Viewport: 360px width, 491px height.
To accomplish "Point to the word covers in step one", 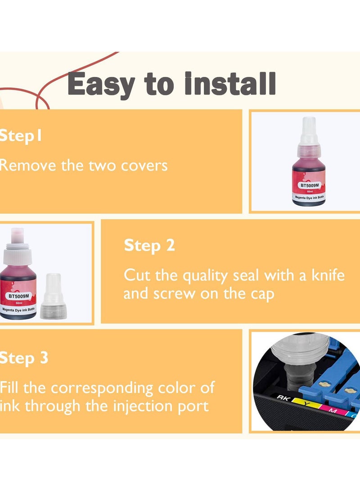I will (144, 165).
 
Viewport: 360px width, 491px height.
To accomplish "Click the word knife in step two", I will (324, 275).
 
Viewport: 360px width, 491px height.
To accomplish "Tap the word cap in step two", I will (261, 294).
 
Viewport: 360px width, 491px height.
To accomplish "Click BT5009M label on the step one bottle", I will (309, 185).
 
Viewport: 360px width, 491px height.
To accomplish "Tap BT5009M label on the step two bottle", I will (18, 296).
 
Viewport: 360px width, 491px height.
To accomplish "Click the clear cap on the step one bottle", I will (309, 133).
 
